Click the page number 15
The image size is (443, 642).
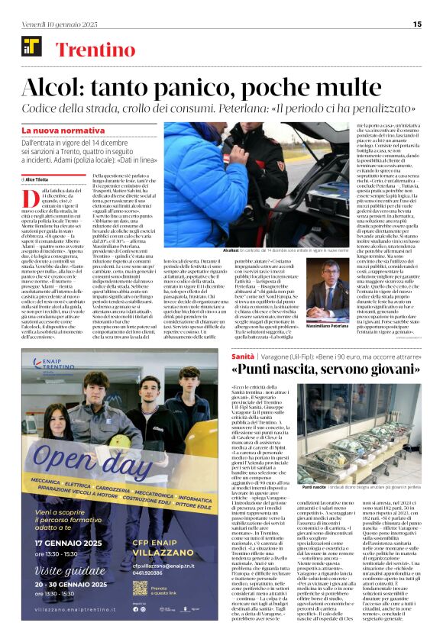click(x=417, y=24)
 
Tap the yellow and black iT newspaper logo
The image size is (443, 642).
click(x=31, y=47)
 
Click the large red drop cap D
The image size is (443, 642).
click(x=28, y=198)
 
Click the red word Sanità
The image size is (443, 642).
click(x=244, y=356)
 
